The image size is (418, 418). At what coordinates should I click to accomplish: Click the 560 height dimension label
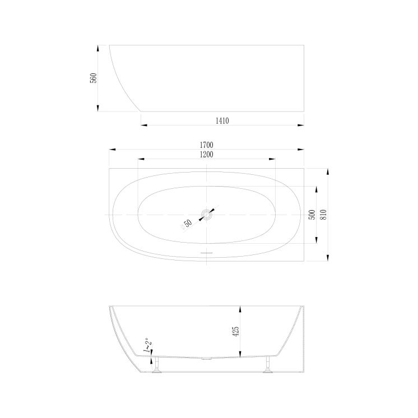click(94, 78)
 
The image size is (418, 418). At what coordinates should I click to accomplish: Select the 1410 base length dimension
click(222, 121)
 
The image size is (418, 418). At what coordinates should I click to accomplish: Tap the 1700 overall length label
click(207, 145)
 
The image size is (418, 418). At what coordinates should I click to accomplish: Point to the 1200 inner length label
click(207, 155)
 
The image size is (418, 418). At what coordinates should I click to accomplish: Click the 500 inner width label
click(312, 215)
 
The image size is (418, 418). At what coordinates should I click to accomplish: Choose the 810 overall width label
click(323, 215)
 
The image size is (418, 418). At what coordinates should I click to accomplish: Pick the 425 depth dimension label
click(236, 331)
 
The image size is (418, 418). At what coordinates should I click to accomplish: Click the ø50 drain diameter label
click(186, 224)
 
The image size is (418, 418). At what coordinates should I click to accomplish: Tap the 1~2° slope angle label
click(147, 346)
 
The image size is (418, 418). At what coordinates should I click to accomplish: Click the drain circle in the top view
click(207, 215)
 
